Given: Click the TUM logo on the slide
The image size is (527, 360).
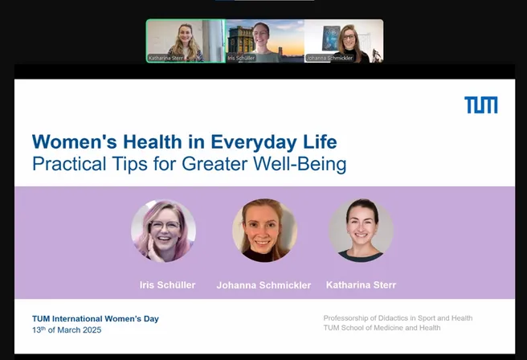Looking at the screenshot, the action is [x=481, y=105].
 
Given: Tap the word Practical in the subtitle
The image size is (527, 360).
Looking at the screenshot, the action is [x=69, y=164].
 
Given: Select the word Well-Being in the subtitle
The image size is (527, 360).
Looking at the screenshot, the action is [x=300, y=164].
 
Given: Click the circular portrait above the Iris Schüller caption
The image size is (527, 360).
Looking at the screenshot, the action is [x=163, y=231].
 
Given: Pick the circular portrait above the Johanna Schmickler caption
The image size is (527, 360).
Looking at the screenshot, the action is [x=264, y=231].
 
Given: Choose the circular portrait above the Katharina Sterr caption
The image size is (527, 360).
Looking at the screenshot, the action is [x=361, y=231].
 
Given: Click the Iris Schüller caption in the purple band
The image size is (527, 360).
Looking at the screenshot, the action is [x=167, y=285].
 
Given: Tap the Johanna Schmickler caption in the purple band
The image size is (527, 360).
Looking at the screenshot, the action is [x=263, y=285].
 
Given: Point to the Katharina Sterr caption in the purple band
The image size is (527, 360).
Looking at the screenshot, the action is [x=361, y=285].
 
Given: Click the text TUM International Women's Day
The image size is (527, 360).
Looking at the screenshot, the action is [x=96, y=319].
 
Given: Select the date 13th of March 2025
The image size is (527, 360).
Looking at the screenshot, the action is [x=67, y=329].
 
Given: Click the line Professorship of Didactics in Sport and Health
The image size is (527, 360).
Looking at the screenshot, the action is [x=398, y=318].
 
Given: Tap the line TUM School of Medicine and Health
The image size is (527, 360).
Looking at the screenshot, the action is [x=382, y=328].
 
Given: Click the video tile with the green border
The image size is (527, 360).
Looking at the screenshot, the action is [x=186, y=41].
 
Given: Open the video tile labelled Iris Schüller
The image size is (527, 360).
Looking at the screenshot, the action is [x=265, y=41].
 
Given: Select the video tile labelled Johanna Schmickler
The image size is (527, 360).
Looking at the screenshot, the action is [x=344, y=41].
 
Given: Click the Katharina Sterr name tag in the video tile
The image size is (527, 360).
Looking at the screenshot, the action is [x=166, y=58].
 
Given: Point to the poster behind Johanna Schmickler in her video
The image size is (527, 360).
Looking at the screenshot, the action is [x=331, y=39].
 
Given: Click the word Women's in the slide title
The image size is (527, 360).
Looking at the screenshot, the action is [x=74, y=141].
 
